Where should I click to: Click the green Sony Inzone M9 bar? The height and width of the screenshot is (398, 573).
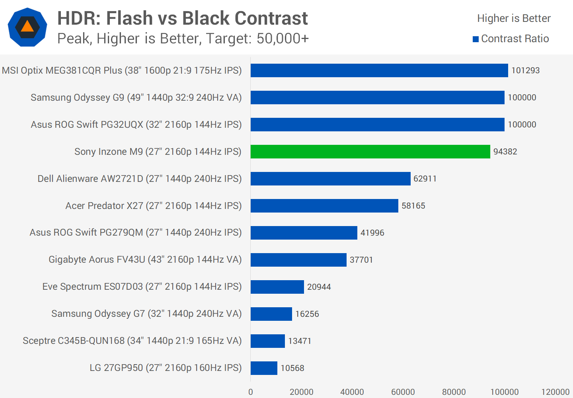[x=370, y=152]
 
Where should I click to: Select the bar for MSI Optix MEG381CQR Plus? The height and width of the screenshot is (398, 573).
[x=379, y=70]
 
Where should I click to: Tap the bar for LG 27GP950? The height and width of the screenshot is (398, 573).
[x=264, y=368]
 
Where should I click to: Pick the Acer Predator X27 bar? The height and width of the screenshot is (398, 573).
[x=324, y=206]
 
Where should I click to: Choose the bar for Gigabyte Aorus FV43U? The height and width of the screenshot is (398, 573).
[x=298, y=260]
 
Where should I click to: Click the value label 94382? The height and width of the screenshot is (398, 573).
[x=505, y=152]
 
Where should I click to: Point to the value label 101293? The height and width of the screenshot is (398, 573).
[x=525, y=70]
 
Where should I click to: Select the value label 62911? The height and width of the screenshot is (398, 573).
[x=425, y=179]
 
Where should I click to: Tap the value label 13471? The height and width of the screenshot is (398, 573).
[x=300, y=341]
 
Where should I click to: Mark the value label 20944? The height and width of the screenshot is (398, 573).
[x=319, y=287]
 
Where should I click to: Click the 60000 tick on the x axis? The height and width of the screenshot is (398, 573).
[x=403, y=392]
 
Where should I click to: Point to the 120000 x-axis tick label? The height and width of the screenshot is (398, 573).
[x=555, y=392]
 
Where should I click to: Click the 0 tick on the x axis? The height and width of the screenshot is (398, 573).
[x=251, y=392]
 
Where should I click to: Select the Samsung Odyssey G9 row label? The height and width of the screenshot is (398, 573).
[x=136, y=98]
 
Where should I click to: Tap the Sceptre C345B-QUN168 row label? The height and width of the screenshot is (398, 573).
[x=132, y=341]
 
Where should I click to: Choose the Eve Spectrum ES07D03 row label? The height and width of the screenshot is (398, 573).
[x=142, y=287]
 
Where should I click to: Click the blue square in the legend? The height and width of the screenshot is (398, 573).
[x=476, y=39]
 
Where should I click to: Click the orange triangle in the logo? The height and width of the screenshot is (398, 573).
[x=27, y=27]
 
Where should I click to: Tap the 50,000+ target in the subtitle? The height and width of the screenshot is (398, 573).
[x=283, y=39]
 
